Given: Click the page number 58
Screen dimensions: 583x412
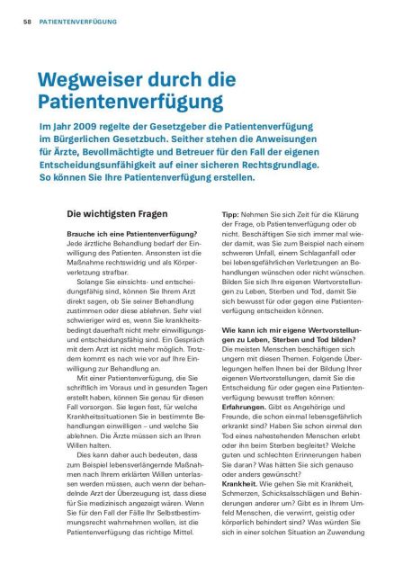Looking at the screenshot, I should tap(26, 19).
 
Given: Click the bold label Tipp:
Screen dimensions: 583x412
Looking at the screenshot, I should tap(231, 215).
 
